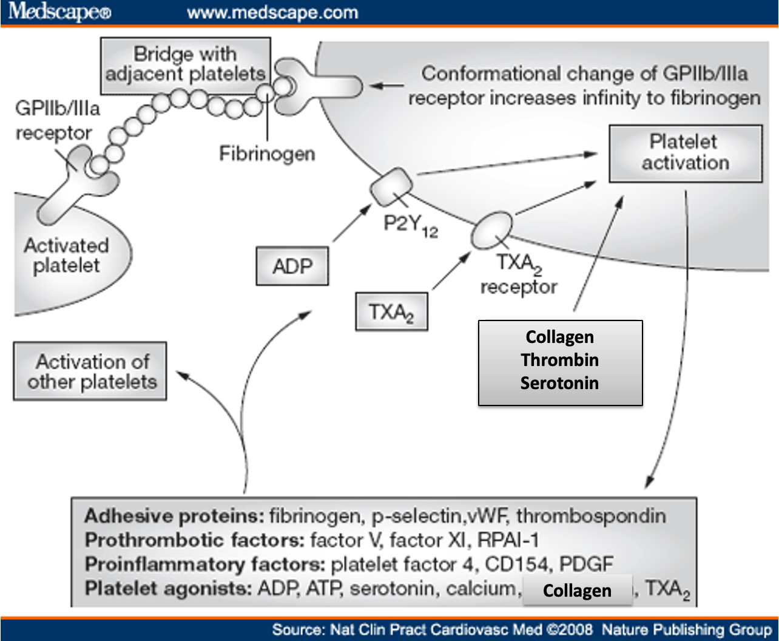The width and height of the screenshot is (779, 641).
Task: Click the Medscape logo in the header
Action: point(59,12)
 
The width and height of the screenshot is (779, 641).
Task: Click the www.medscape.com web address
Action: point(272,13)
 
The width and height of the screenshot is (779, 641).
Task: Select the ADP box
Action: point(292,266)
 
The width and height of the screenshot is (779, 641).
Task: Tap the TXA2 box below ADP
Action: point(391,311)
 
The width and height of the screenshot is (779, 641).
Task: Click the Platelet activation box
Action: point(686,154)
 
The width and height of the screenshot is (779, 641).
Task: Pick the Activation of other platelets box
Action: point(90,371)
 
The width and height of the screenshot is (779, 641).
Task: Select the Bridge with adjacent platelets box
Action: point(186,66)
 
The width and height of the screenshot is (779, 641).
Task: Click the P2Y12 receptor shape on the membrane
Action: point(391,187)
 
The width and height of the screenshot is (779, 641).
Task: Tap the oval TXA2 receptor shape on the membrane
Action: point(491,230)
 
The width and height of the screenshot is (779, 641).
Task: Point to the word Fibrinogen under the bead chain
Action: point(267,154)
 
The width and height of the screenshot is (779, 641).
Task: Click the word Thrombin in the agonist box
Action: point(560,360)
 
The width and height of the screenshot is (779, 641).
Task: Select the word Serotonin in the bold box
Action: point(559,383)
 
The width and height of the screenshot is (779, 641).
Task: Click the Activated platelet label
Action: point(67,256)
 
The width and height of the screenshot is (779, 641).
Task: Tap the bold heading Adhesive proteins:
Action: point(174,516)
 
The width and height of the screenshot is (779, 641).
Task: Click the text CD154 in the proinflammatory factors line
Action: point(516,565)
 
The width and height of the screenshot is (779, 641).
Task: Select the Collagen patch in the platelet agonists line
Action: point(578,591)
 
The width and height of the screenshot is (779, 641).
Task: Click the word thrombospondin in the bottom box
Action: point(591,517)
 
